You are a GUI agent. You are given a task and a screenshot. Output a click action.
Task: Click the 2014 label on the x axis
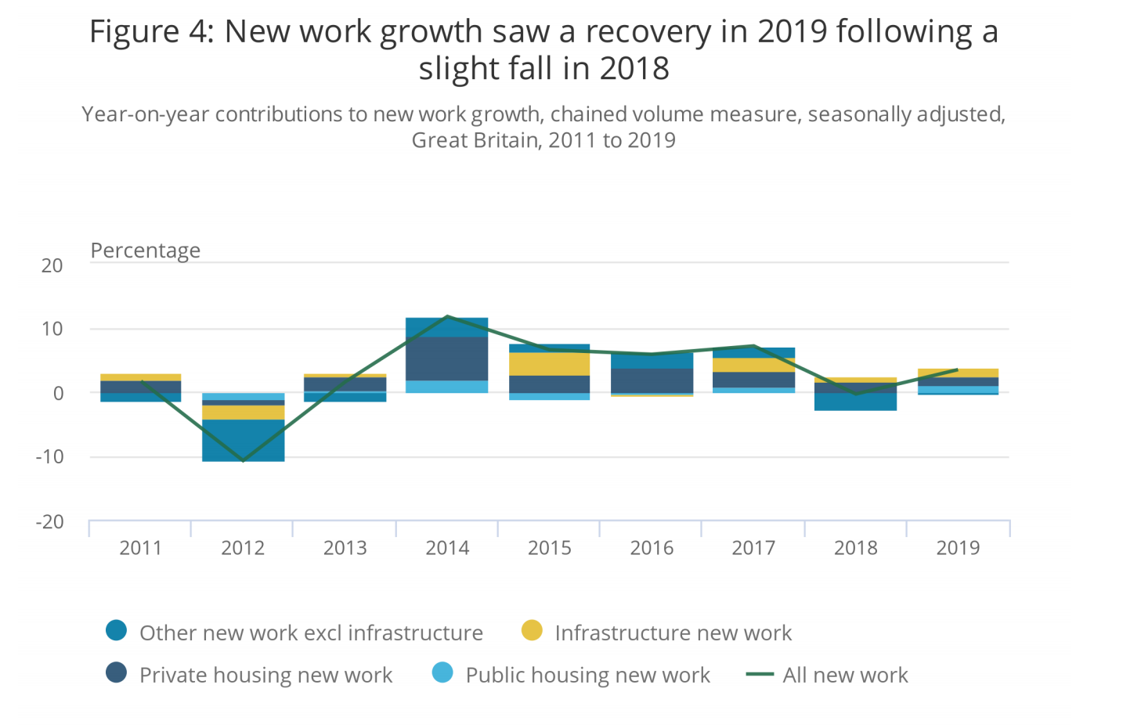coord(447,548)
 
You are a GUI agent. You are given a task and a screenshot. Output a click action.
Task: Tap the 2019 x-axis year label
coord(958,548)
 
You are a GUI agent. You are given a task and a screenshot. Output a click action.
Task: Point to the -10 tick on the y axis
coord(49,456)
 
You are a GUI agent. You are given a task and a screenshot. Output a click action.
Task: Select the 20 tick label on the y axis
coord(52,265)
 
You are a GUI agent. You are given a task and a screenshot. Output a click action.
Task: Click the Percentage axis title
coord(146,250)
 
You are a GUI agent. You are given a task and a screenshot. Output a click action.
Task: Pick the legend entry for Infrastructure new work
coord(673,632)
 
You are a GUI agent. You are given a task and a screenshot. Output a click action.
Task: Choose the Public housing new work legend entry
coord(587,675)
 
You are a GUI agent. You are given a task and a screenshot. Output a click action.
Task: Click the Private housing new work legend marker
coord(117,673)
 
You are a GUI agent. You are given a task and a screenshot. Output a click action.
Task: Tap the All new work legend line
coord(760,674)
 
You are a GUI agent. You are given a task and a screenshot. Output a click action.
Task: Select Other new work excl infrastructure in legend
coord(311,632)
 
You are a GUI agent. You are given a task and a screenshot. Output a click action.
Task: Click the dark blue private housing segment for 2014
coord(447,359)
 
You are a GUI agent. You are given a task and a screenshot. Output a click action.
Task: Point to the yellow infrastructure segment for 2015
coord(549,364)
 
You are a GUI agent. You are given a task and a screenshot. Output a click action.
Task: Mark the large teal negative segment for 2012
coord(243,440)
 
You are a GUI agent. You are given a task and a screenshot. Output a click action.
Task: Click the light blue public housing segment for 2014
coord(447,387)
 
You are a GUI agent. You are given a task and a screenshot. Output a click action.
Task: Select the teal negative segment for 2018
coord(855,402)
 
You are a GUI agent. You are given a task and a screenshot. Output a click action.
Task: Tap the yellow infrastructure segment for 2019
coord(958,373)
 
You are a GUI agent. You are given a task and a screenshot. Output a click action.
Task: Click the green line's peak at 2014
coord(447,316)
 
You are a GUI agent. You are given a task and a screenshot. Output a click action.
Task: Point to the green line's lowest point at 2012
coord(243,461)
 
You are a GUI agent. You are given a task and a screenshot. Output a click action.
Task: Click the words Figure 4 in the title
coord(150,32)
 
